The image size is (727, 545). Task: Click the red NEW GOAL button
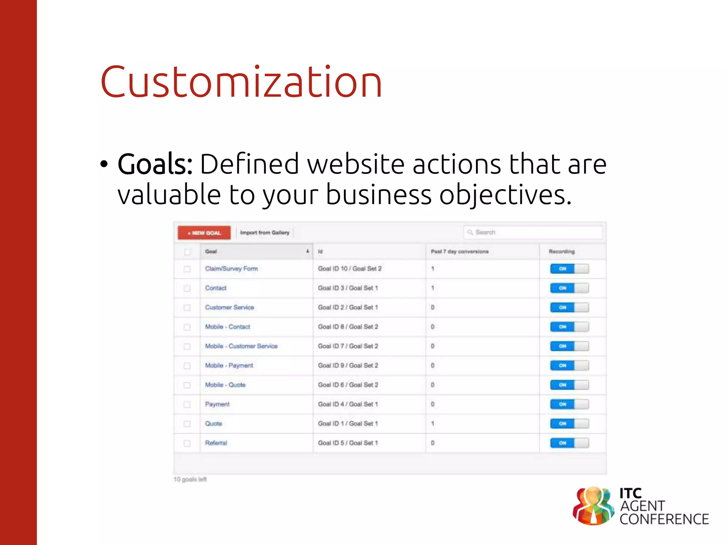(x=204, y=233)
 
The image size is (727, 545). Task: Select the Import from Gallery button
(x=265, y=233)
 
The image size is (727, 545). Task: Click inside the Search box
(x=532, y=232)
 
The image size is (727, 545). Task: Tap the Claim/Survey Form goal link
(x=231, y=269)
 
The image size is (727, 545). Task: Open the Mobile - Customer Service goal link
(x=241, y=346)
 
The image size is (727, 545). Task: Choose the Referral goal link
(x=216, y=443)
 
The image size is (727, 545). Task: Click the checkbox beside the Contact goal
(x=187, y=288)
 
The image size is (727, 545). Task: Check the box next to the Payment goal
(x=187, y=404)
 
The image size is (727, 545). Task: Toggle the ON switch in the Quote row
(x=569, y=423)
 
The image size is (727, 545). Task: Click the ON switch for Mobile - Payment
(x=569, y=365)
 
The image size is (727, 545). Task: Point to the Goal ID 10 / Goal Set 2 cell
(x=350, y=269)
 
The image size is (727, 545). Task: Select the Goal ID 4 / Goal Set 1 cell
(x=348, y=404)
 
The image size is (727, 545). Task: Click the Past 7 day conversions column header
(x=460, y=252)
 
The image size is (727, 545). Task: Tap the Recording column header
(x=562, y=252)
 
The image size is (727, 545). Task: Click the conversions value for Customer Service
(x=433, y=307)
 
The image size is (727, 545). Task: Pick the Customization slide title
(x=241, y=82)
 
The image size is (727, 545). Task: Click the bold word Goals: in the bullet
(x=155, y=164)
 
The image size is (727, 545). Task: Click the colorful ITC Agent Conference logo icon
(x=593, y=505)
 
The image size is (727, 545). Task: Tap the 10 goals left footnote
(x=190, y=479)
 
